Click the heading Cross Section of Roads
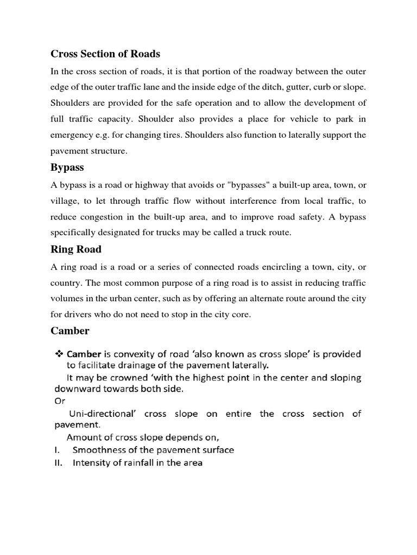tap(105, 54)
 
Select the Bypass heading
tap(67, 169)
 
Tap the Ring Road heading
tap(76, 250)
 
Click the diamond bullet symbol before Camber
tap(59, 354)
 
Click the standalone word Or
tap(60, 401)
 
